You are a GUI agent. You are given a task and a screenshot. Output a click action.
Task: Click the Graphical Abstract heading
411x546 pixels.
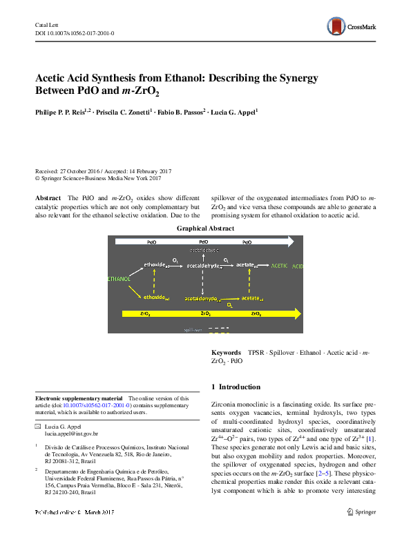point(205,228)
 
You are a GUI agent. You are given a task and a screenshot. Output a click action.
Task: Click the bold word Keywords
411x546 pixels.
point(226,352)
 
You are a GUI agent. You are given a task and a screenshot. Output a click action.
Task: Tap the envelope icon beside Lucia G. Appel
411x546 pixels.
point(38,427)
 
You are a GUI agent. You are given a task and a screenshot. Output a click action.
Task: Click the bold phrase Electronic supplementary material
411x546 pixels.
point(78,398)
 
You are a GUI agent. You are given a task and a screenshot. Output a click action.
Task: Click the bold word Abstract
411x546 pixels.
point(48,198)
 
